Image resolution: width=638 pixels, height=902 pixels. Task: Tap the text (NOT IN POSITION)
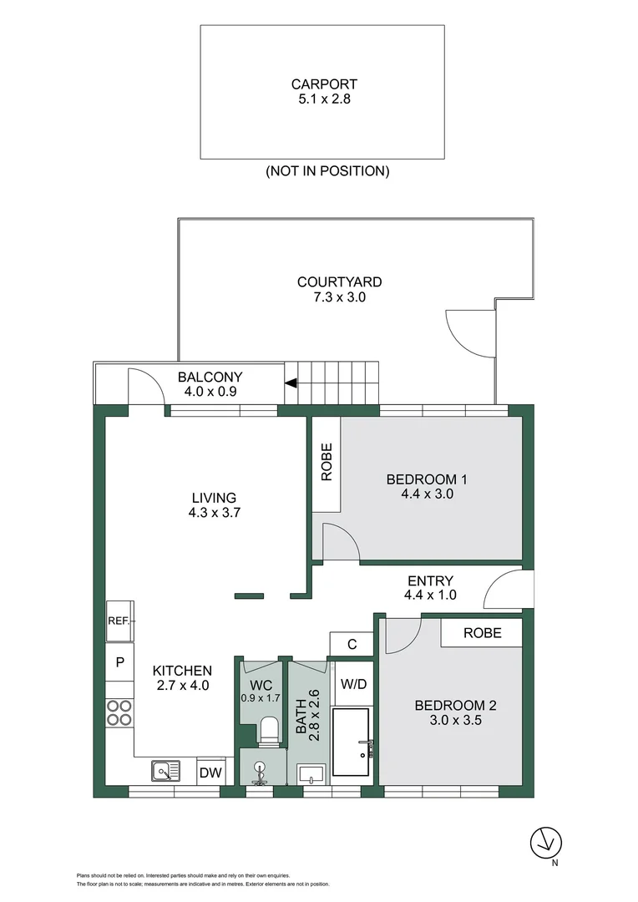tap(327, 171)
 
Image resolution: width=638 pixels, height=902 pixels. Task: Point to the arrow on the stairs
tap(291, 383)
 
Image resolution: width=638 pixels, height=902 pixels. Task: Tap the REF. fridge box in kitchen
tap(118, 621)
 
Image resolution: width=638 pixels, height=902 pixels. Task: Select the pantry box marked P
tap(119, 662)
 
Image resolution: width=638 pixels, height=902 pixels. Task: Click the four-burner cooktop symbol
tap(119, 712)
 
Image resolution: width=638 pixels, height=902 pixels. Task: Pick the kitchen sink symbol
tap(165, 771)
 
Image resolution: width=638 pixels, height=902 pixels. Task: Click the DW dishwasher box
tap(210, 773)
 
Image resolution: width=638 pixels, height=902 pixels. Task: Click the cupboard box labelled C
tap(352, 644)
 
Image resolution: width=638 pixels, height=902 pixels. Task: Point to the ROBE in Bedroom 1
tap(326, 465)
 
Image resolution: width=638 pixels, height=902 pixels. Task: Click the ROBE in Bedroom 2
tap(482, 633)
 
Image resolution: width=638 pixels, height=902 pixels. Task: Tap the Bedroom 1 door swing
tap(341, 542)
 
